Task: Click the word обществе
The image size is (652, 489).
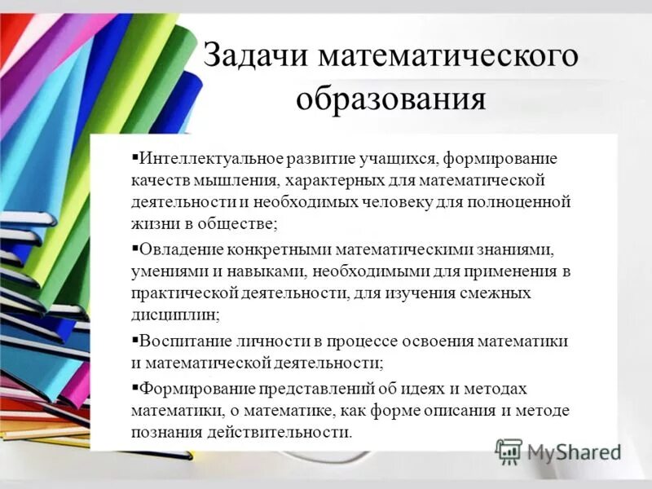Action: (x=236, y=222)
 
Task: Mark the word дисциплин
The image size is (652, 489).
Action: (x=173, y=313)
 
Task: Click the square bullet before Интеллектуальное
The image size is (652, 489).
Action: (x=135, y=155)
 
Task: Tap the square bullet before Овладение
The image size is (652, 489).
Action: (x=135, y=245)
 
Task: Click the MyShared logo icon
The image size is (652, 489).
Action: (x=509, y=451)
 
